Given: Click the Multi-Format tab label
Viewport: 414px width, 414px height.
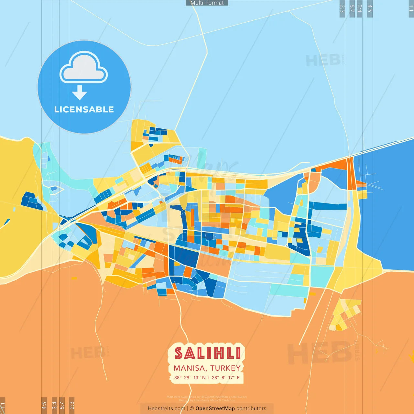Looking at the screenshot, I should [207, 3].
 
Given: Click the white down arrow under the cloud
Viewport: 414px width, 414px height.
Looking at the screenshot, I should [80, 93].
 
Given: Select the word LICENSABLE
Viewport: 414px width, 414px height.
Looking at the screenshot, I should [84, 110].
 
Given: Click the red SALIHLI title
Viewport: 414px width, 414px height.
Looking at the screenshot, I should [207, 353].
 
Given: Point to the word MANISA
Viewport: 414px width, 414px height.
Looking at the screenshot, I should [190, 368].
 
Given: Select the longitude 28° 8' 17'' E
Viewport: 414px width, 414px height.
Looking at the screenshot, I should [226, 377].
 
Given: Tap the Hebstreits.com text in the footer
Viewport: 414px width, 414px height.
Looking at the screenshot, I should [166, 409].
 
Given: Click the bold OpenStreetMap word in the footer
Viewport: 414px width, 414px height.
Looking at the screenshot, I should [215, 409].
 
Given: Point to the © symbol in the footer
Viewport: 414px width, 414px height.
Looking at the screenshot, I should [192, 409].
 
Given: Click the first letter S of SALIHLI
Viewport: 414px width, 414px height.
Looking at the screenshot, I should [179, 353].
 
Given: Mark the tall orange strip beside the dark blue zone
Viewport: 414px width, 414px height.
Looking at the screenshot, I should [351, 173].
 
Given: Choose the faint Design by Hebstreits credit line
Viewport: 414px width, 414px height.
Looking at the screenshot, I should [207, 400].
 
